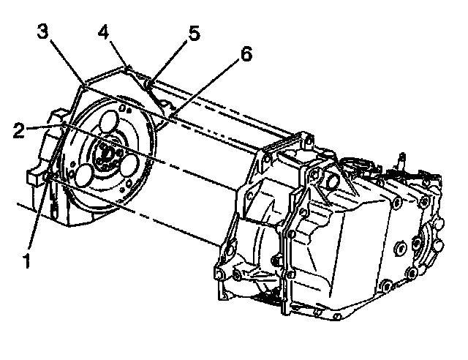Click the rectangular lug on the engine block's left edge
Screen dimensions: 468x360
[x=34, y=178]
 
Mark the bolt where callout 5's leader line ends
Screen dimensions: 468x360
[x=148, y=86]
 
